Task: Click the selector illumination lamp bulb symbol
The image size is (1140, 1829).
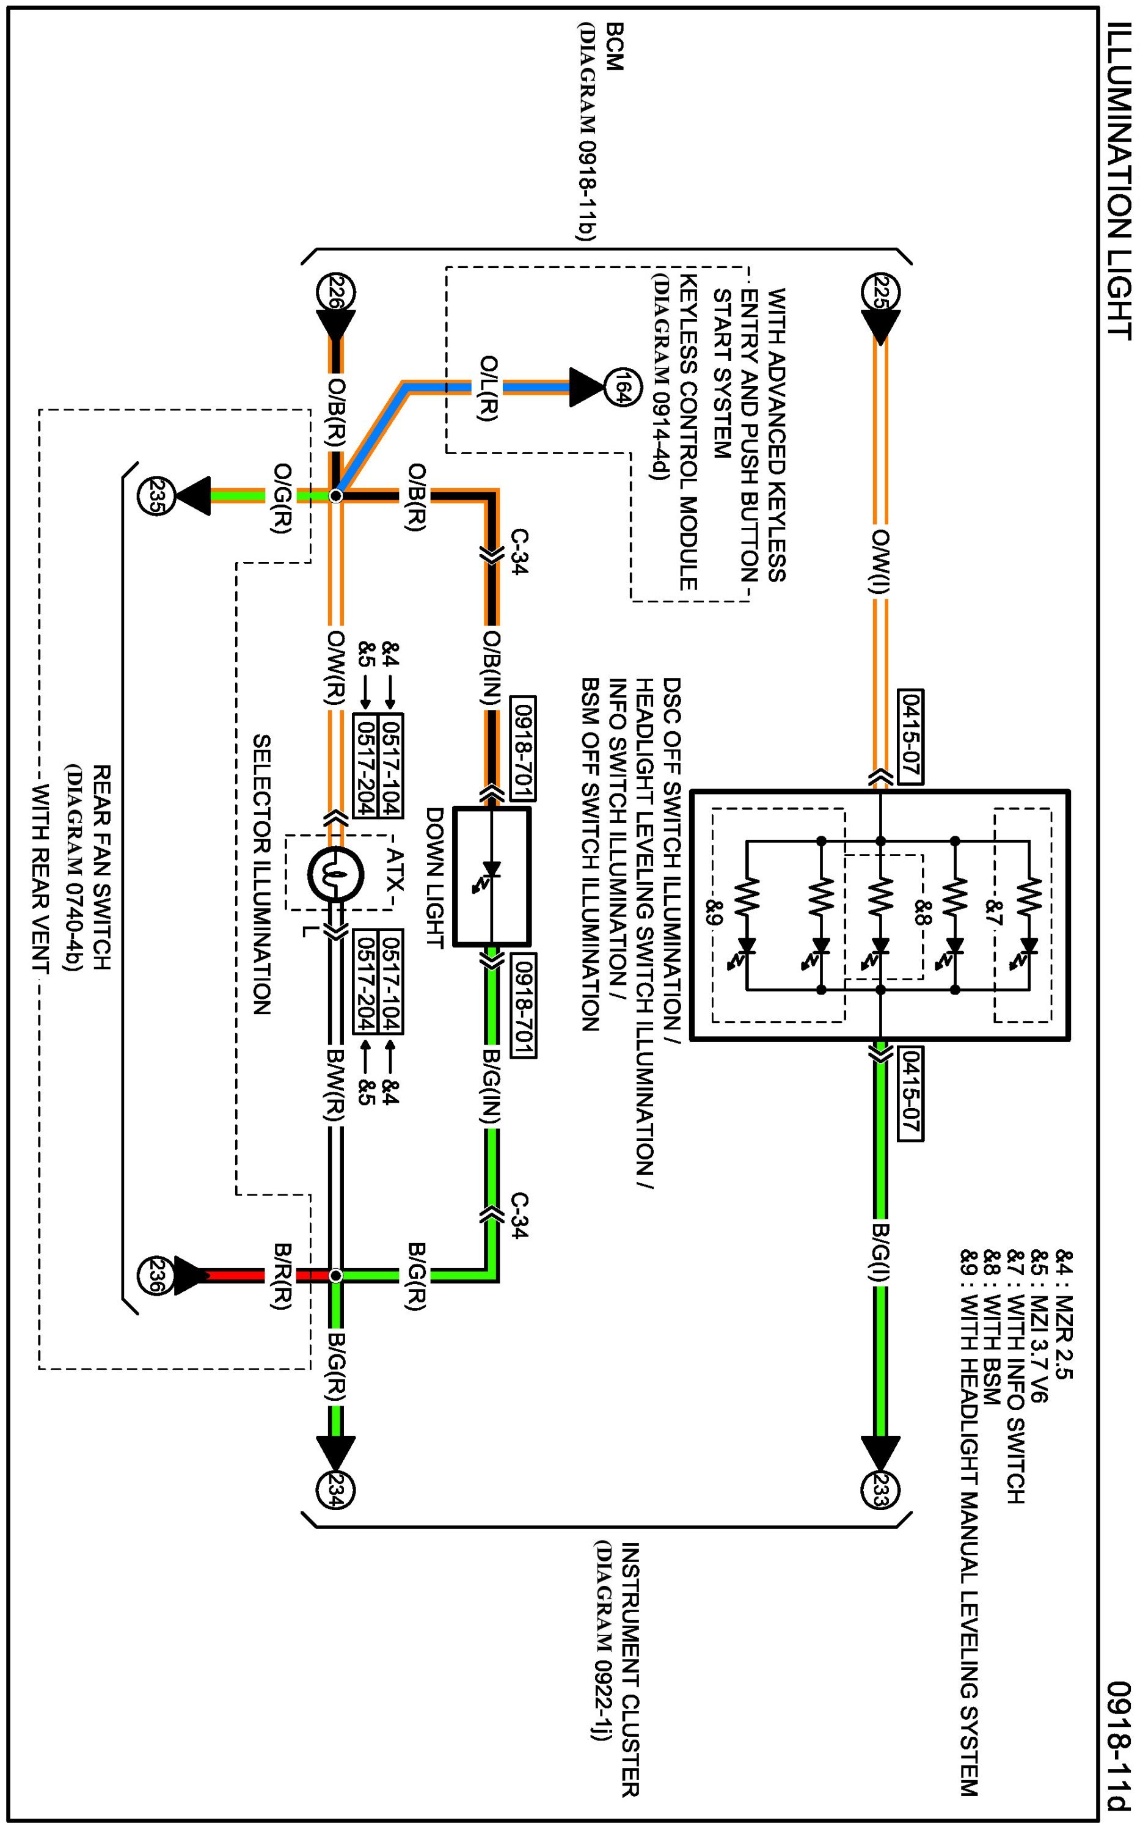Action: (336, 875)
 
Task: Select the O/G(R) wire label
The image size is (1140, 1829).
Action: (281, 498)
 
